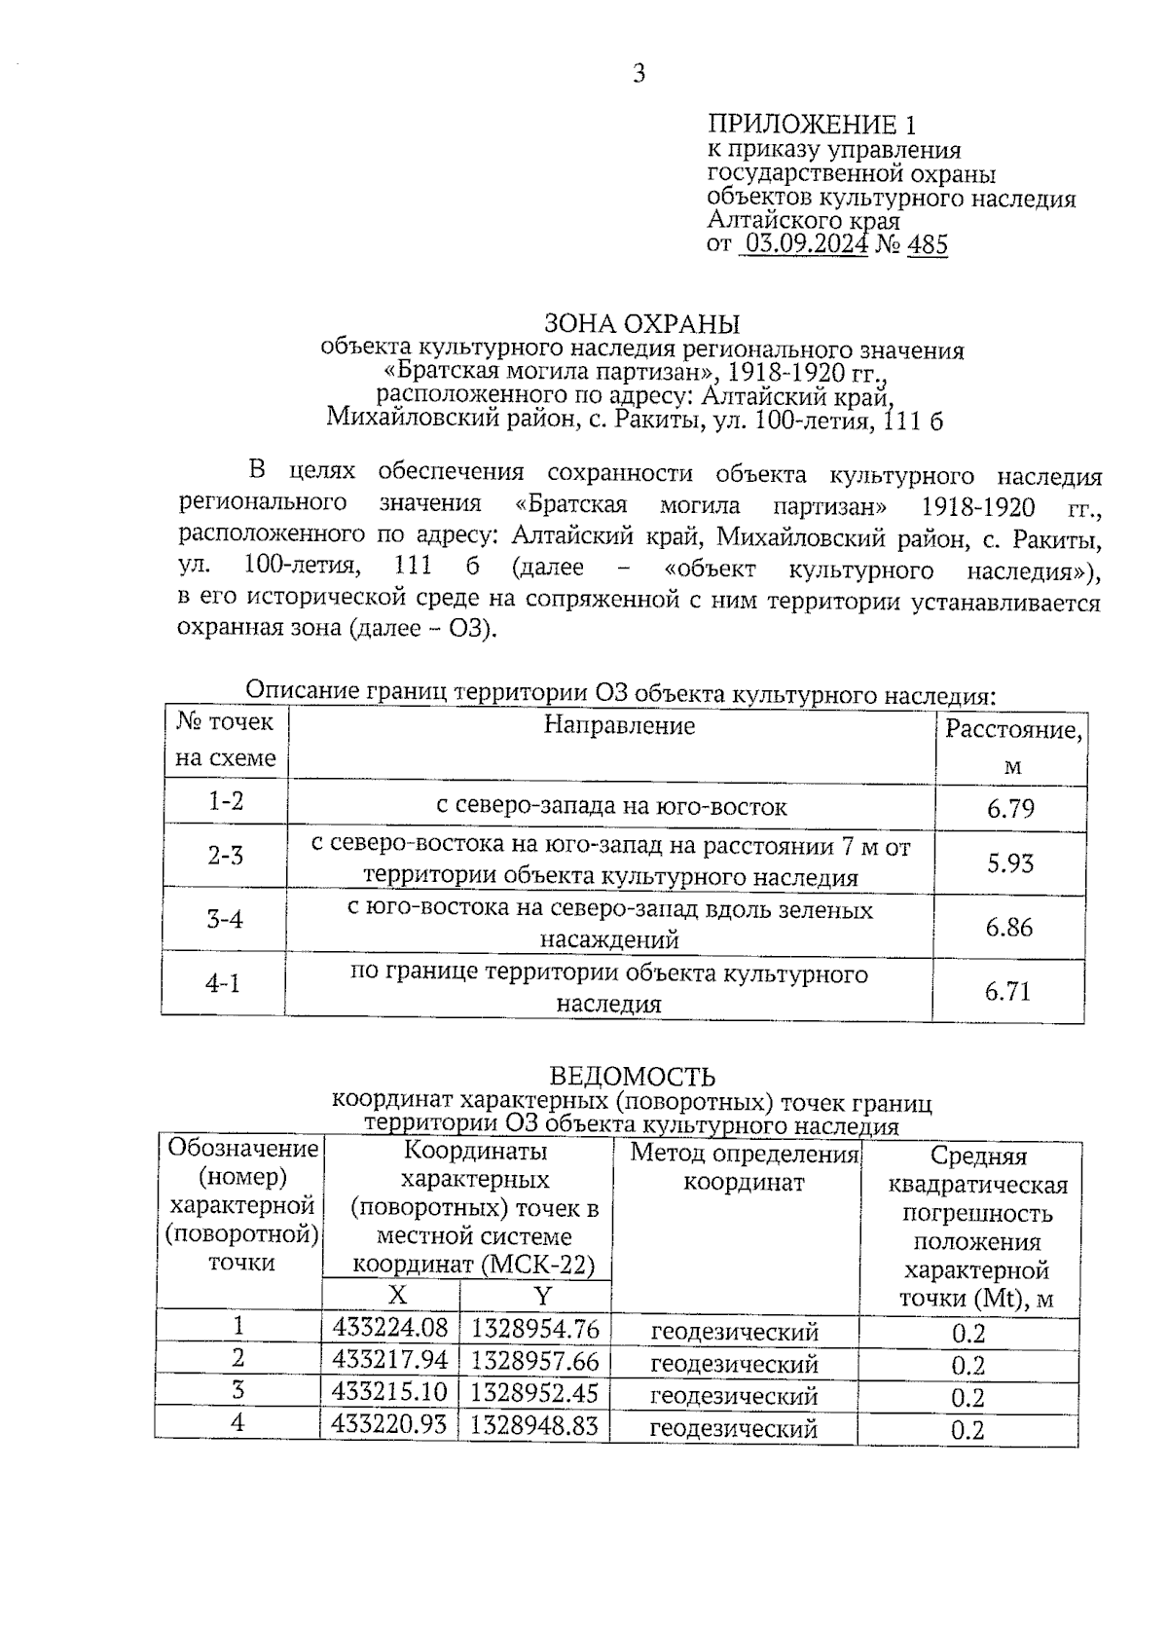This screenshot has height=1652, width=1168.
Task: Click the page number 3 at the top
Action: [x=639, y=74]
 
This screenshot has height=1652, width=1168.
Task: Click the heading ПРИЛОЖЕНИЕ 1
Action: [x=811, y=125]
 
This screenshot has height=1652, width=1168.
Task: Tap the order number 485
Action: [x=927, y=244]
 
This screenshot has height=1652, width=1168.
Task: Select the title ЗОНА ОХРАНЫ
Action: [x=641, y=323]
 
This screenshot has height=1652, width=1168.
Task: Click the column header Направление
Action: [x=619, y=725]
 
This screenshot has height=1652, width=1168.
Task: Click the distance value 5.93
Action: [x=1010, y=863]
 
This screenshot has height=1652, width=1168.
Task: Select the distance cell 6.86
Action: [x=1008, y=927]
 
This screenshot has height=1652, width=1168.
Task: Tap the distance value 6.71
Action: [x=1007, y=992]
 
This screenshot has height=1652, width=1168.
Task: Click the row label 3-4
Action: [x=225, y=918]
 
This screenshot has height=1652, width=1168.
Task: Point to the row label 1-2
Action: [x=226, y=801]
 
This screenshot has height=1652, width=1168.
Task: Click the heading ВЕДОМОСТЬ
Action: [x=633, y=1077]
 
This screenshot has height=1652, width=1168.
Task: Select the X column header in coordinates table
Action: [x=397, y=1295]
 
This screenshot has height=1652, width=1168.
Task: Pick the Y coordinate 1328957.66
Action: [x=534, y=1360]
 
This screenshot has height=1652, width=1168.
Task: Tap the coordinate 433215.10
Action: [x=389, y=1392]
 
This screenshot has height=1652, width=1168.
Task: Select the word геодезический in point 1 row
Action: [x=734, y=1332]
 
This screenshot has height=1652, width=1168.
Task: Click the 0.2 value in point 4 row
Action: [x=967, y=1430]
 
